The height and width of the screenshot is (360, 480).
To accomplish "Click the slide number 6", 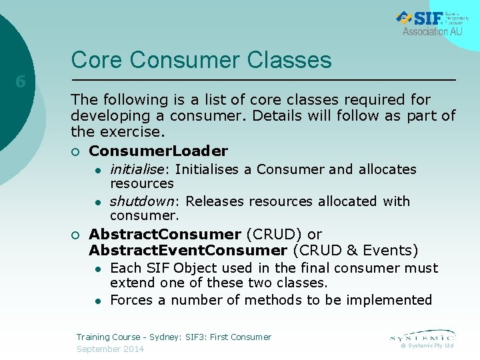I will (x=21, y=82).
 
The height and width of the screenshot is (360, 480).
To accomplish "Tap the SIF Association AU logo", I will (x=432, y=23).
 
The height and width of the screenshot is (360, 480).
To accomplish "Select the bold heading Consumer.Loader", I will (x=158, y=151).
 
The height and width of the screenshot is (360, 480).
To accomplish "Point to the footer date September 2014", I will (x=110, y=349).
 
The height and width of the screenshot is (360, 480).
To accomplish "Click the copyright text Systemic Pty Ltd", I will (x=431, y=345).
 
